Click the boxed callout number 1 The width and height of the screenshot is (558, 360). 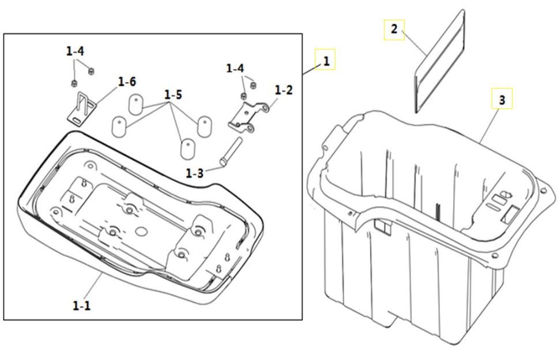coord(326,61)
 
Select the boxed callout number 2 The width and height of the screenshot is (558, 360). coord(394,29)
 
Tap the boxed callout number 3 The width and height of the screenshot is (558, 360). coord(502,100)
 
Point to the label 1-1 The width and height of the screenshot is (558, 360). coord(81,305)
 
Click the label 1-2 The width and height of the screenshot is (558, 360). coord(284,90)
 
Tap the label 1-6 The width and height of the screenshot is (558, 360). coord(127,82)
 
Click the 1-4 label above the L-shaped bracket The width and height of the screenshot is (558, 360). coord(75,51)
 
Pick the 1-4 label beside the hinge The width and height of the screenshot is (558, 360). coord(235,69)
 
